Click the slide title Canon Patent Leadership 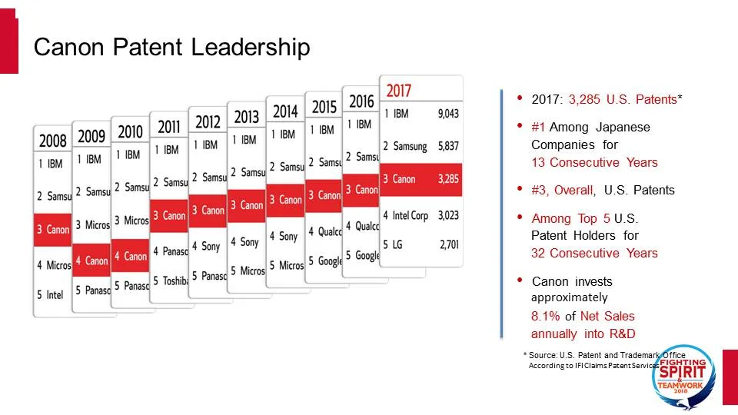pos(171,48)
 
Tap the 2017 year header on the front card pos(399,90)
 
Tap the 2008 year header pos(52,140)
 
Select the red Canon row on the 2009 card pos(92,261)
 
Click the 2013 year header pos(246,117)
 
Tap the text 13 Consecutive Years pos(594,162)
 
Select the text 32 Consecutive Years pos(594,253)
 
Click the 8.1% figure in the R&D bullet pos(546,316)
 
